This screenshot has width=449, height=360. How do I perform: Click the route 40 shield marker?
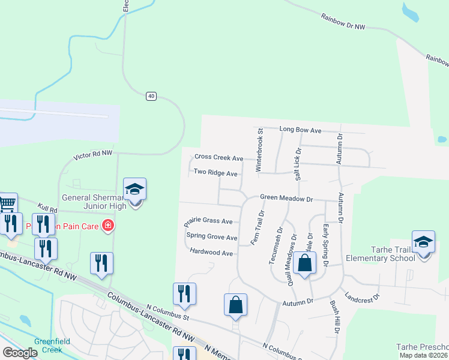pos(151,96)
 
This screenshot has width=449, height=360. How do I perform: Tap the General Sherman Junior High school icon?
pos(135,190)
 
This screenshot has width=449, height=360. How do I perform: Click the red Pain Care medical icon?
pos(108,226)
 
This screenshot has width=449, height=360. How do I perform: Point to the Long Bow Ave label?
pos(301,130)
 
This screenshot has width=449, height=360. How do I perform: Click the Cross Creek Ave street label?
pos(218,158)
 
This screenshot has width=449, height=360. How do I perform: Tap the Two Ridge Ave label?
pos(215,173)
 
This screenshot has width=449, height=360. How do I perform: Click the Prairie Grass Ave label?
pos(208,221)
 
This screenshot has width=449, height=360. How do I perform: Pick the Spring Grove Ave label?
pos(212,237)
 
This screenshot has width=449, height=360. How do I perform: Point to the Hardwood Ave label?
pos(211,253)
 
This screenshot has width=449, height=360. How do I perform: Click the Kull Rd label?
pos(47,208)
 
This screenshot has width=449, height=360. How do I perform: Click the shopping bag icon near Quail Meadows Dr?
pos(305,263)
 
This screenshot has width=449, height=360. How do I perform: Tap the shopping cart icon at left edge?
pos(7,203)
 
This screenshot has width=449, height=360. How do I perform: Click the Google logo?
pos(20,353)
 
